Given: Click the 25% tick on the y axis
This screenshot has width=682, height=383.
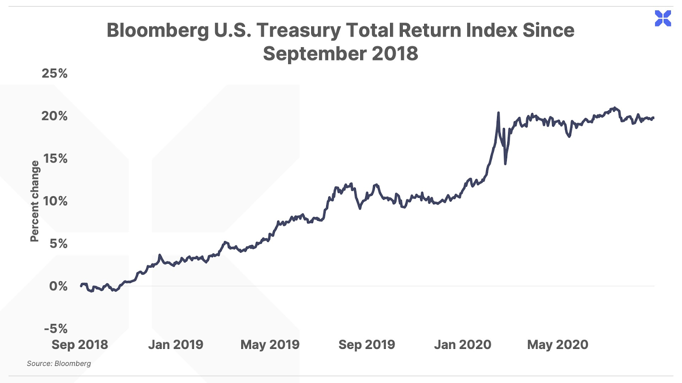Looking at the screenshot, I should (x=55, y=73).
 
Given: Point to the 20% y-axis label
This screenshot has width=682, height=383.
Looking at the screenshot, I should (x=55, y=116).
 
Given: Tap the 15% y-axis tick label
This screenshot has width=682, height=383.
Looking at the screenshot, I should (x=55, y=158).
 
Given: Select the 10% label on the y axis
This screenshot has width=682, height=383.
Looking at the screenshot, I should (x=55, y=201).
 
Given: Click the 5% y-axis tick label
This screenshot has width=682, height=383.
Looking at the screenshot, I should (x=59, y=243).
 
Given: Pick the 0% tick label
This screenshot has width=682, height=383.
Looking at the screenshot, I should (x=58, y=286).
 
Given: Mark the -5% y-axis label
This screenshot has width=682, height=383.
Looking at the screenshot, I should (x=56, y=329).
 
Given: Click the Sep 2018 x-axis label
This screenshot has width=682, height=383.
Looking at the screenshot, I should (x=80, y=345).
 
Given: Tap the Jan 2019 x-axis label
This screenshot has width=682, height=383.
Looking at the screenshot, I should (x=176, y=345).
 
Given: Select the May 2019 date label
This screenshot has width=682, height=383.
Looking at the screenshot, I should (x=270, y=345).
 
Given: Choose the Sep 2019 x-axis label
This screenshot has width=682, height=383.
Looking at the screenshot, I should (x=367, y=345).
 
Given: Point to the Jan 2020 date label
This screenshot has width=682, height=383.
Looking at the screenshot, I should (x=462, y=345).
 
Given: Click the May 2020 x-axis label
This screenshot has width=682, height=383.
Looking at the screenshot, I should (x=558, y=345).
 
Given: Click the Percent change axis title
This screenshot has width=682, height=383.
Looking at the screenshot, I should (x=35, y=201).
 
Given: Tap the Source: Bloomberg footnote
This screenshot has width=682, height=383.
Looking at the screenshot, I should (x=59, y=363).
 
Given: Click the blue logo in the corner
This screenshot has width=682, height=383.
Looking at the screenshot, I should (x=663, y=18).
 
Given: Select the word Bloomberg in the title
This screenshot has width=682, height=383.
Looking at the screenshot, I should (x=158, y=31).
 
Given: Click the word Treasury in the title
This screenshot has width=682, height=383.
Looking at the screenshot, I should (x=298, y=31).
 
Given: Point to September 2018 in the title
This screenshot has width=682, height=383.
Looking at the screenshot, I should (x=340, y=54).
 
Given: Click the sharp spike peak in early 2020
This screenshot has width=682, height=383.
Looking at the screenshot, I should (x=498, y=113).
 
